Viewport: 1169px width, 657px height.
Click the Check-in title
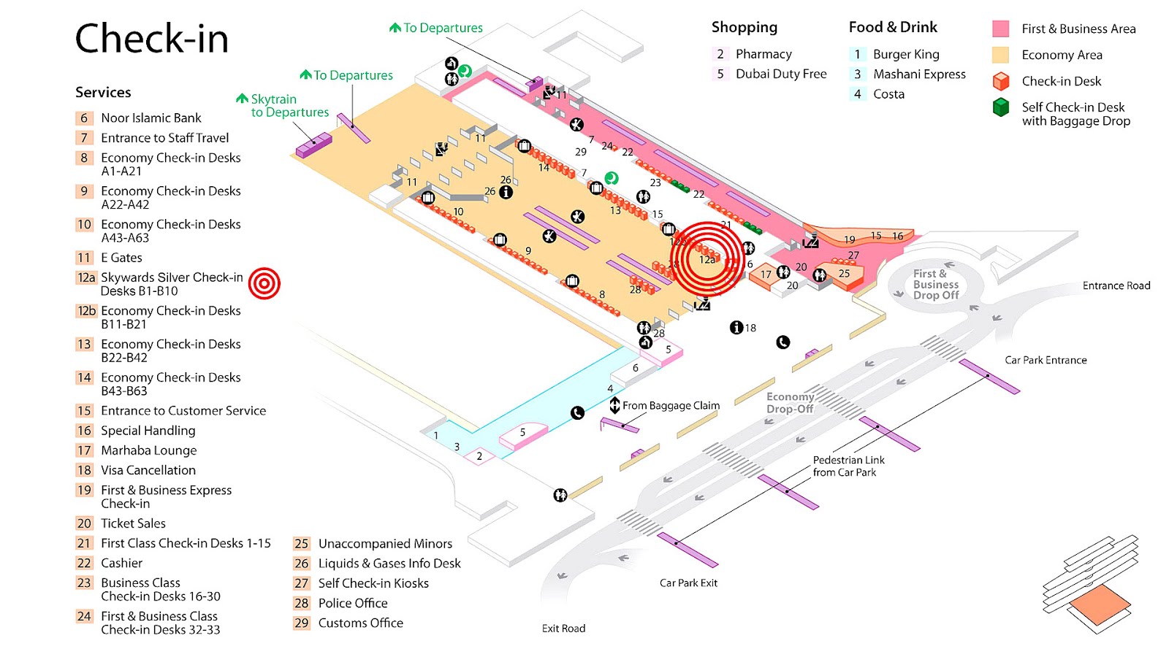(x=152, y=38)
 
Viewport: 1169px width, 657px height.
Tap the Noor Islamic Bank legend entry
(x=151, y=118)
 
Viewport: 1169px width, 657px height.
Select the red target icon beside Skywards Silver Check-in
(x=264, y=283)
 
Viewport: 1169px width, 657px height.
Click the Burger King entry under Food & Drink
(x=905, y=54)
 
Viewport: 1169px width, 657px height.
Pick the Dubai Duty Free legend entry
(x=780, y=74)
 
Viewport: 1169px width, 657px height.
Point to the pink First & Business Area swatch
(x=1000, y=29)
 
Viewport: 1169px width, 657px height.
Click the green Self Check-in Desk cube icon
(x=1000, y=107)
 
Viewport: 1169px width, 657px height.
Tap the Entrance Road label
(x=1116, y=285)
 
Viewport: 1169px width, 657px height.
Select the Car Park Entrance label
(x=1045, y=360)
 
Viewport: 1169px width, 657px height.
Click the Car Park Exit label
(x=688, y=583)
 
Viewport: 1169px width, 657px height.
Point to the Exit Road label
(x=563, y=628)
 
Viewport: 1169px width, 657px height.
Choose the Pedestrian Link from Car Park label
(x=848, y=466)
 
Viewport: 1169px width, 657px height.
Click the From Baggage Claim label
(x=671, y=405)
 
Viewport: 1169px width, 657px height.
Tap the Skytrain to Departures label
(x=289, y=106)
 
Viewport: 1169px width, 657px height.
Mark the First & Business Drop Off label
(x=935, y=284)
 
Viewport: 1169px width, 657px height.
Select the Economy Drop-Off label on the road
(x=789, y=403)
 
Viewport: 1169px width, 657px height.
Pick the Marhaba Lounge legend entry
(x=148, y=450)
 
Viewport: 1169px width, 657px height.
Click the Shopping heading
(x=744, y=27)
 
